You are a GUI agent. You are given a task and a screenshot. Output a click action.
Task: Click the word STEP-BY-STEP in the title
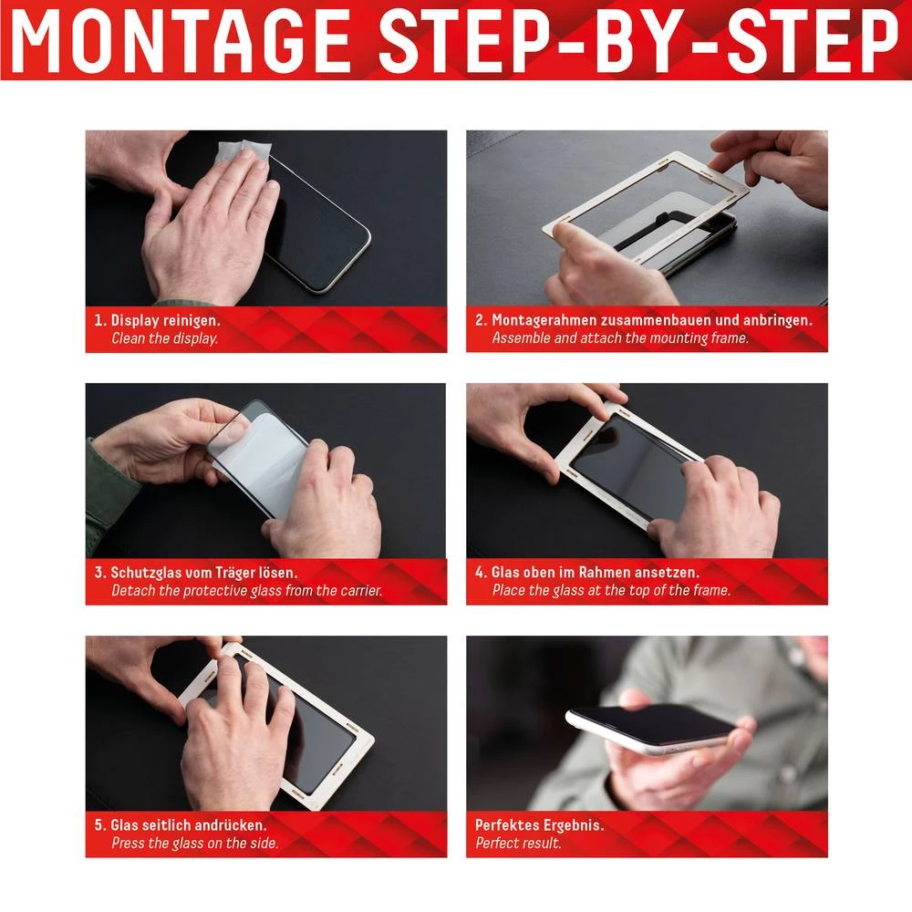[x=638, y=41]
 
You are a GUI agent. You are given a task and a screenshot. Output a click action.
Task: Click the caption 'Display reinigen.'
[x=165, y=320]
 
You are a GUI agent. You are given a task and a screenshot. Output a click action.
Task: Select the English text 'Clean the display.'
[x=164, y=338]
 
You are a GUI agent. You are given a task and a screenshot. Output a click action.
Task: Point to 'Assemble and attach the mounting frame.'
[x=620, y=338]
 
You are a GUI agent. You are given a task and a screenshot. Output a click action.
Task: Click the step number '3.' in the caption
[x=99, y=573]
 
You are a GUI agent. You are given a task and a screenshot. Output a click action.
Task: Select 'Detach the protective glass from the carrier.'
[x=246, y=591]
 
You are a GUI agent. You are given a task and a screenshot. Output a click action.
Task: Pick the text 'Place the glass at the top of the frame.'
[x=611, y=591]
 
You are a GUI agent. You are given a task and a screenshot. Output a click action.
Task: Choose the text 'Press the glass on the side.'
[x=194, y=844]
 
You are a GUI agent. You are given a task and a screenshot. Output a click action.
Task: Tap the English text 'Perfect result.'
[x=518, y=844]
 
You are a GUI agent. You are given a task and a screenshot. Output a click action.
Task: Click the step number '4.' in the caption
[x=480, y=573]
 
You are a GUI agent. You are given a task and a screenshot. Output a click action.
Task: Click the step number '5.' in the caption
[x=99, y=825]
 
